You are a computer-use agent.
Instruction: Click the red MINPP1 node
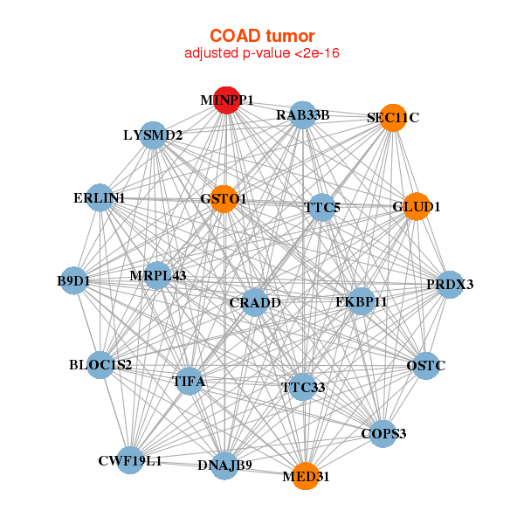pyautogui.click(x=226, y=100)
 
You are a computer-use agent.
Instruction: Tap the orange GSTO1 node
pyautogui.click(x=224, y=199)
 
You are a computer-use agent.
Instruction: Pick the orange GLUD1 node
pyautogui.click(x=417, y=207)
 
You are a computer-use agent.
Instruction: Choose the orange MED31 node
pyautogui.click(x=305, y=476)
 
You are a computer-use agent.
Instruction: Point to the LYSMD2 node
pyautogui.click(x=153, y=135)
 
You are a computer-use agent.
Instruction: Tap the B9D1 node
pyautogui.click(x=73, y=280)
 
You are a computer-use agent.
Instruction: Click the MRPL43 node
pyautogui.click(x=158, y=276)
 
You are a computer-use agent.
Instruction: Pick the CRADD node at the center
pyautogui.click(x=255, y=303)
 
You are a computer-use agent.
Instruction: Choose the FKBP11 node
pyautogui.click(x=362, y=302)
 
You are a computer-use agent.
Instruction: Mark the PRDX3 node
pyautogui.click(x=450, y=284)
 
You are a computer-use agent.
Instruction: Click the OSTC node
pyautogui.click(x=425, y=365)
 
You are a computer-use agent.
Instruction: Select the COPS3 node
pyautogui.click(x=383, y=433)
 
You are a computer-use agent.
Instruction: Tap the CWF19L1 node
pyautogui.click(x=130, y=460)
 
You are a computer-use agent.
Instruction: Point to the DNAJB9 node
pyautogui.click(x=224, y=465)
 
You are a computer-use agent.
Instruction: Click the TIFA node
pyautogui.click(x=189, y=382)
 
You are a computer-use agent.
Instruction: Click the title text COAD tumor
pyautogui.click(x=262, y=36)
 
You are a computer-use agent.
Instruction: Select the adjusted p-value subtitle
pyautogui.click(x=262, y=53)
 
